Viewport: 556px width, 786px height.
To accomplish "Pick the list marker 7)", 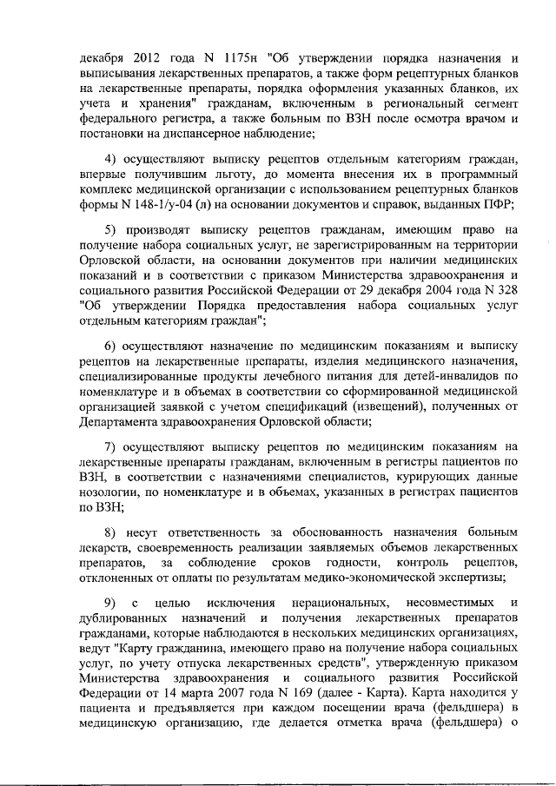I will pos(110,447).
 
